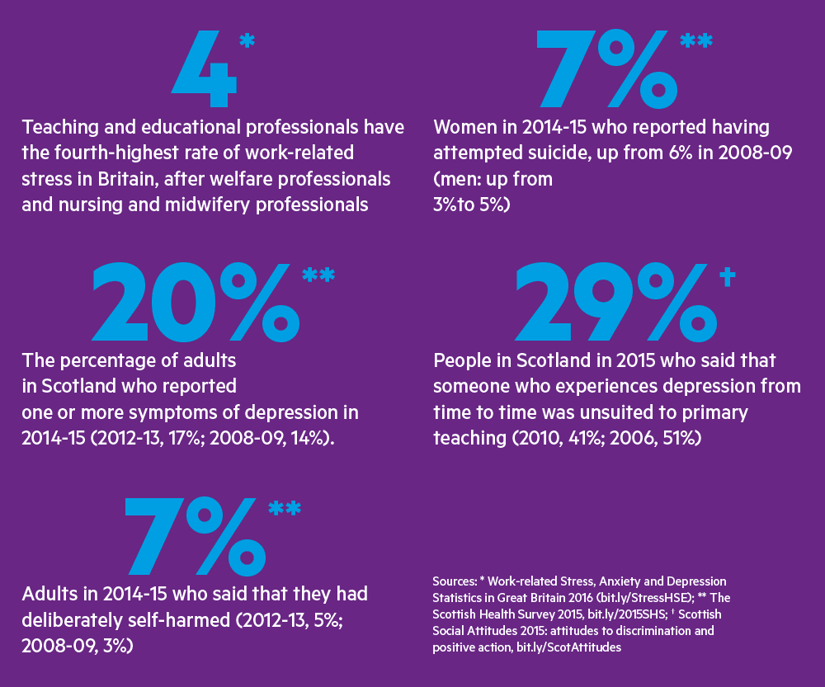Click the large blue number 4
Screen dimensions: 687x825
202,73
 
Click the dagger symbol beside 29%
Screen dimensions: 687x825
727,277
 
